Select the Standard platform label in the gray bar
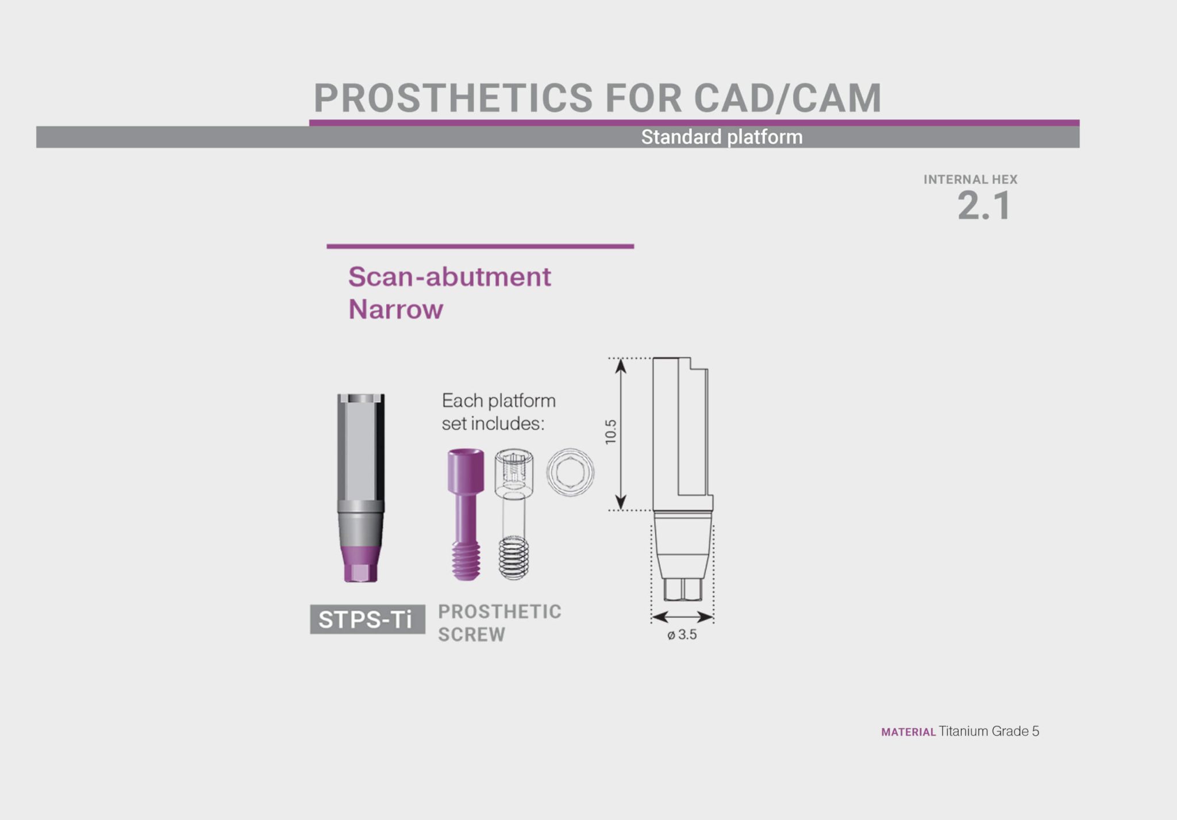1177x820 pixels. point(721,137)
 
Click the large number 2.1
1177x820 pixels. point(983,206)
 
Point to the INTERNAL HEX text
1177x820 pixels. point(970,179)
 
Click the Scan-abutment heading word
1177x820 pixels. point(449,277)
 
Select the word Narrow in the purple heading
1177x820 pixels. point(395,310)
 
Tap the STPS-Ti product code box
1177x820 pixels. point(367,619)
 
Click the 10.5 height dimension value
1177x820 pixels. point(610,432)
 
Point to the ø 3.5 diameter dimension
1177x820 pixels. point(682,635)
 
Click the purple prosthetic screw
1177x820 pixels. point(466,506)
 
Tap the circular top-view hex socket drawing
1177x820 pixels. point(570,472)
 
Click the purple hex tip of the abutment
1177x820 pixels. point(360,572)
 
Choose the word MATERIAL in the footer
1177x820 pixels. point(908,732)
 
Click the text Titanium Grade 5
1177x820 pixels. point(988,732)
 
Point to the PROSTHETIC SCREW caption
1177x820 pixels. point(499,623)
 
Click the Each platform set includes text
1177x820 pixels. point(498,412)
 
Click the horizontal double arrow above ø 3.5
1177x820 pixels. point(682,617)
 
